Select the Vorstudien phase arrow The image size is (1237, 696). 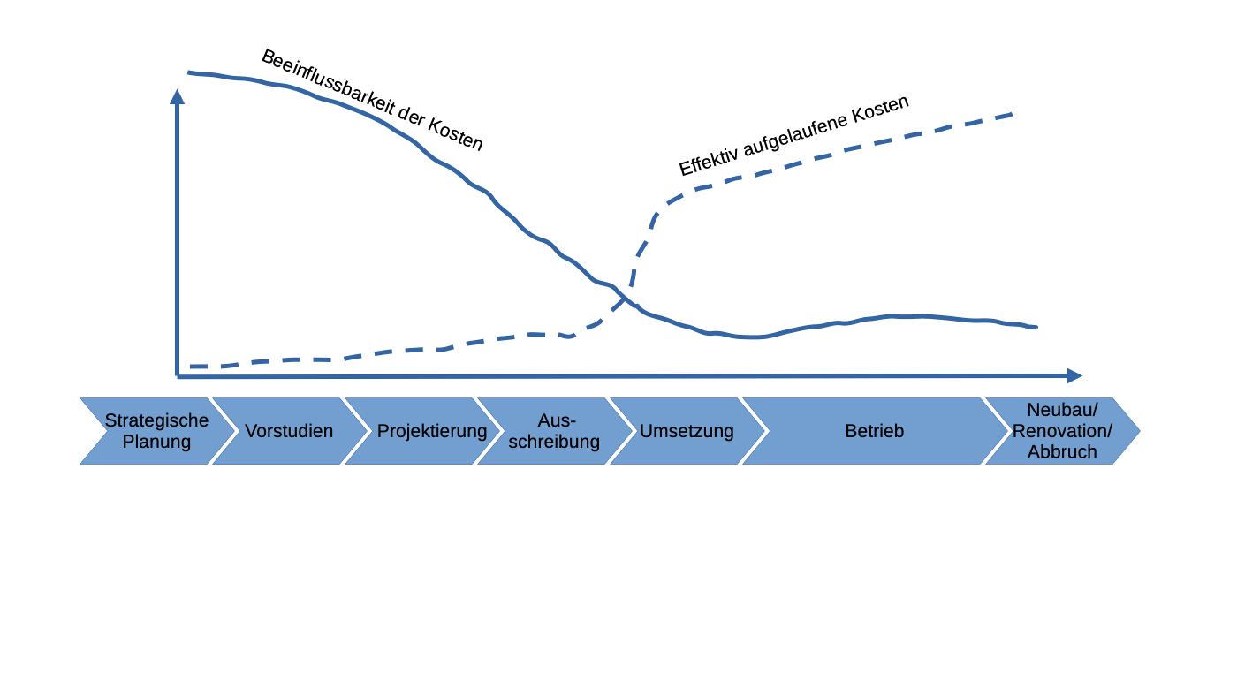pos(289,430)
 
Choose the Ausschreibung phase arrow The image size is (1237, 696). pos(554,430)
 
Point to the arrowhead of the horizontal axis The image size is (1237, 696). pos(1076,376)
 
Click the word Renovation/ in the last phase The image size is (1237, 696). pos(1062,431)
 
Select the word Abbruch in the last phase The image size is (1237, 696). pos(1062,451)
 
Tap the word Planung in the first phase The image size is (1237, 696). pos(156,441)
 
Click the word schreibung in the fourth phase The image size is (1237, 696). pos(554,441)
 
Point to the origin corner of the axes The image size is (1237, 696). pos(178,376)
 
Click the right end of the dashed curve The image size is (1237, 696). pos(1013,114)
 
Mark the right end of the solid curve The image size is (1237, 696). pos(1036,327)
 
